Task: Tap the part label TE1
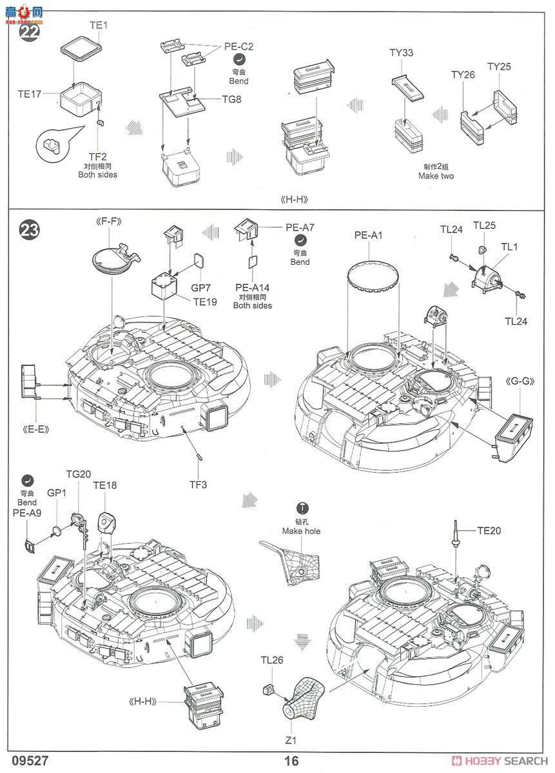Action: coord(98,26)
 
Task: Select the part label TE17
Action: coord(30,94)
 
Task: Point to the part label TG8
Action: coord(232,99)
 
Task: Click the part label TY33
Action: coord(402,53)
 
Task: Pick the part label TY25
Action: coord(499,66)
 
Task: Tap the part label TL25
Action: coord(485,225)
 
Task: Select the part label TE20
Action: coord(489,531)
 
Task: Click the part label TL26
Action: coord(272,660)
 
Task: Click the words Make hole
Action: coord(300,531)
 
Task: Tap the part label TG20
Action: coord(77,474)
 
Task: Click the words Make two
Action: coord(436,176)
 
